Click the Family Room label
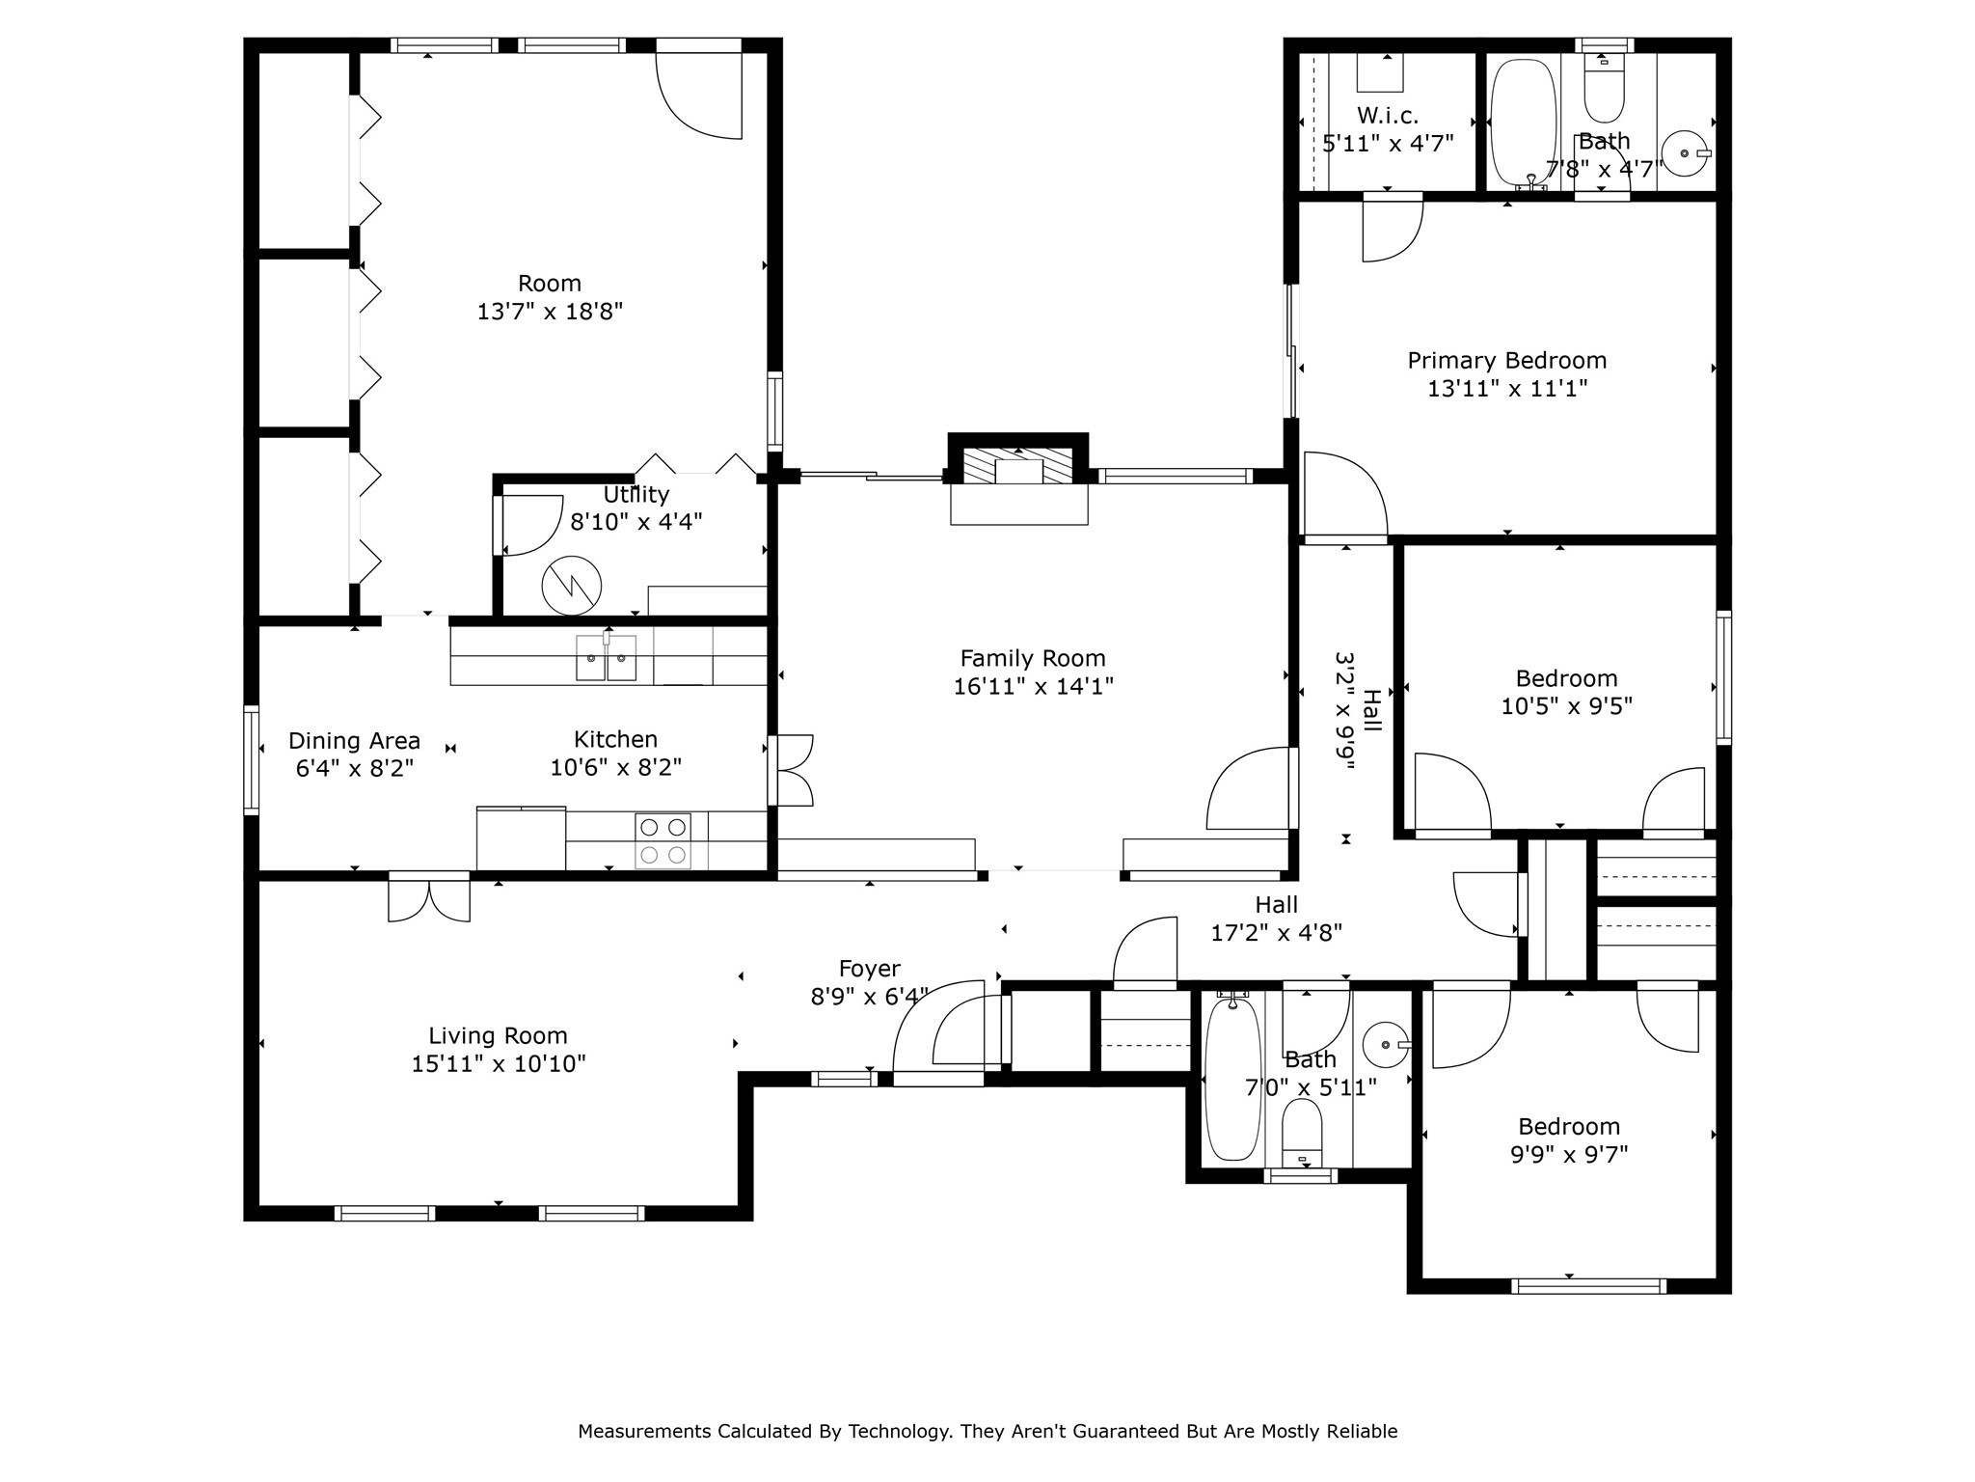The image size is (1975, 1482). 1032,659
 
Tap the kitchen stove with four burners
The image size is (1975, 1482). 663,840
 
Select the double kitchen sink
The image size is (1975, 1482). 607,658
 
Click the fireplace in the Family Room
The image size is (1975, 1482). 1018,471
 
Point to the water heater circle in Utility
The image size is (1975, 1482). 571,586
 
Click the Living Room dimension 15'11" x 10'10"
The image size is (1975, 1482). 498,1063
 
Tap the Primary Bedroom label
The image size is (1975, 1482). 1506,361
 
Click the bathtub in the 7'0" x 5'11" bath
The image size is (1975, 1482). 1232,1079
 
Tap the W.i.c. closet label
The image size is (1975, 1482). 1388,116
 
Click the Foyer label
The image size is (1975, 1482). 869,969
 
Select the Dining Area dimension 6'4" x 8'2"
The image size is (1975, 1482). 354,768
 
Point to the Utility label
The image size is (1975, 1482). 636,495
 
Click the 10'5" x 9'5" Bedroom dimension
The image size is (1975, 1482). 1566,706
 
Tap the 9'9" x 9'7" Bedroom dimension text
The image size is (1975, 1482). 1568,1154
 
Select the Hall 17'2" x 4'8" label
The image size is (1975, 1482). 1276,919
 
